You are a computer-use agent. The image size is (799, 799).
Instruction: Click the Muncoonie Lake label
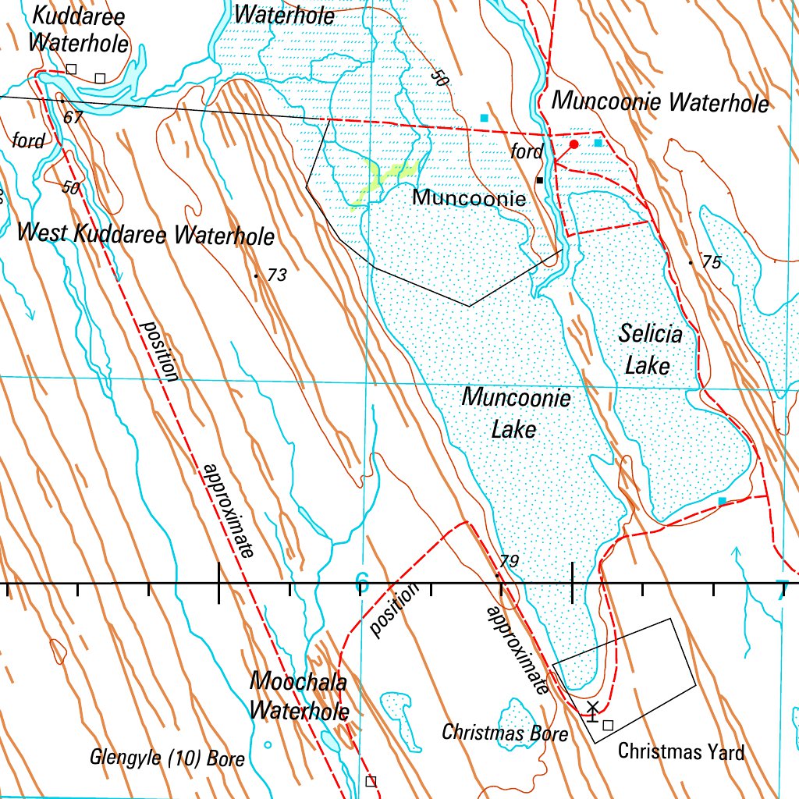point(515,414)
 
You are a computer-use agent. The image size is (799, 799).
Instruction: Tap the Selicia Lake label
point(650,349)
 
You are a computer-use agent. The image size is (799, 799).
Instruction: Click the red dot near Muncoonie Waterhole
point(574,144)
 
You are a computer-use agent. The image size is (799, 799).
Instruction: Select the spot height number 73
point(277,275)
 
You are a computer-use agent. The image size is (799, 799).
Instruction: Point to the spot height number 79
point(510,561)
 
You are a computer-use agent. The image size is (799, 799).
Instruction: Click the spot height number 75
point(711,263)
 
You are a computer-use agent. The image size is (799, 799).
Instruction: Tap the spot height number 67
point(73,118)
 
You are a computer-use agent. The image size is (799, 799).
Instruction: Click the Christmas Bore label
point(504,733)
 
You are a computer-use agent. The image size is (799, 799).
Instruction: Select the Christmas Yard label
point(680,751)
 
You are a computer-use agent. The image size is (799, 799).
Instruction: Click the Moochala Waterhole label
point(299,695)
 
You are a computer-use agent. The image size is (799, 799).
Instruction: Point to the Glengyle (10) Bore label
point(167,758)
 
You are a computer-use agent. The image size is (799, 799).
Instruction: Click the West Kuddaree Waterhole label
point(146,234)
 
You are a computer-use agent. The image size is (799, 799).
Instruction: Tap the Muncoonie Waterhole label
point(660,102)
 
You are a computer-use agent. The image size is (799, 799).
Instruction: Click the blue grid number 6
point(361,582)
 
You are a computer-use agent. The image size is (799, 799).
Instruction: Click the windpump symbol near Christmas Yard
point(592,710)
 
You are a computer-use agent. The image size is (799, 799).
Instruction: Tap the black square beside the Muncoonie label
point(539,180)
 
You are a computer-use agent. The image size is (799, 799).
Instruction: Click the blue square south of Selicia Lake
point(722,500)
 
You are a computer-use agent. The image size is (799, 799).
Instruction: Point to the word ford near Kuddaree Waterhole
point(28,140)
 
